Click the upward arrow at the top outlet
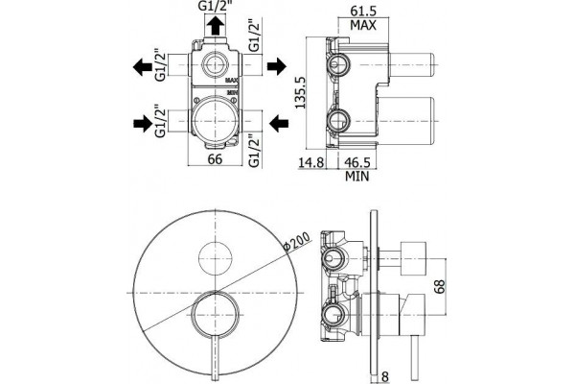[215, 25]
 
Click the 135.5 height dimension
[301, 92]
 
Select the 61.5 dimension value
[363, 11]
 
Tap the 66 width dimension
[215, 159]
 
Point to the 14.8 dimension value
[310, 162]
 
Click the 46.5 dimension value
[356, 162]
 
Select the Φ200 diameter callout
[297, 241]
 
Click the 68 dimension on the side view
[439, 286]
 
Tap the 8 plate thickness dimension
[384, 376]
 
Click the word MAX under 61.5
[363, 25]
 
